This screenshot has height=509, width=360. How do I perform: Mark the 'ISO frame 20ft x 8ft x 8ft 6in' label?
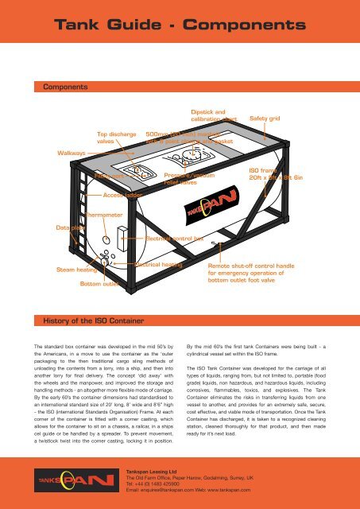click(275, 175)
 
